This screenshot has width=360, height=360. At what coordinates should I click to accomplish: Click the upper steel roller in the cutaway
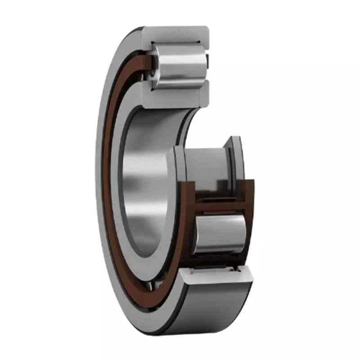coord(180,65)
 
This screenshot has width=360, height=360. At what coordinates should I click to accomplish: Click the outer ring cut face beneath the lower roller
coord(216,274)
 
